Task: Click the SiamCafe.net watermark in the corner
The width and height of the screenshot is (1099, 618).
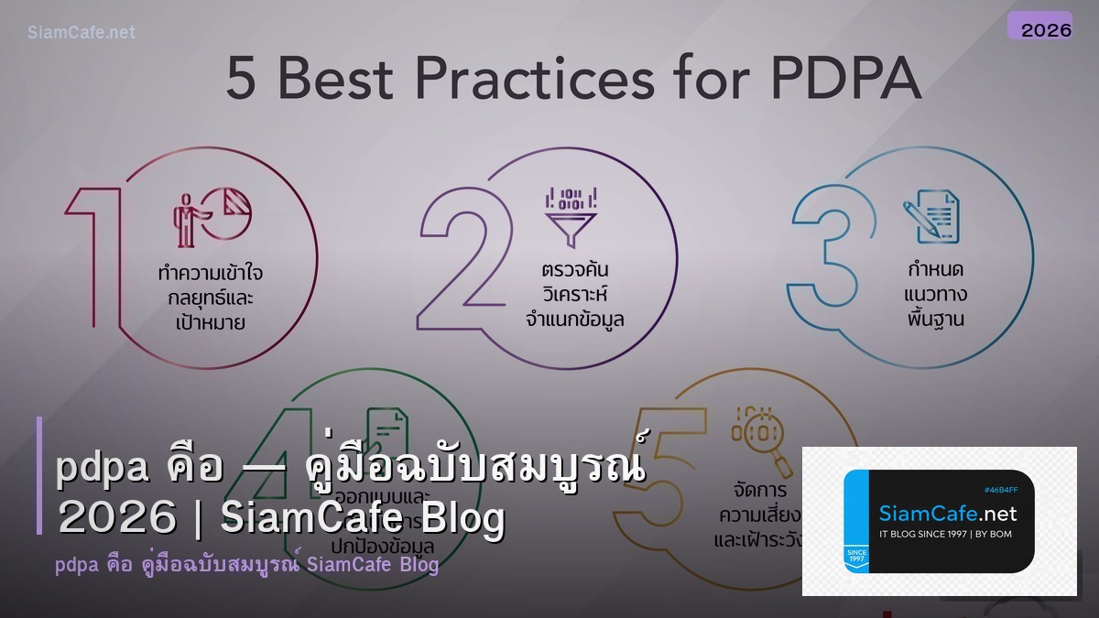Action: pos(82,32)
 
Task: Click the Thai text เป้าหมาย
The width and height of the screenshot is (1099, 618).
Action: pos(210,322)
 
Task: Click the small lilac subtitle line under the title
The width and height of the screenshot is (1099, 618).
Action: pos(246,565)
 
